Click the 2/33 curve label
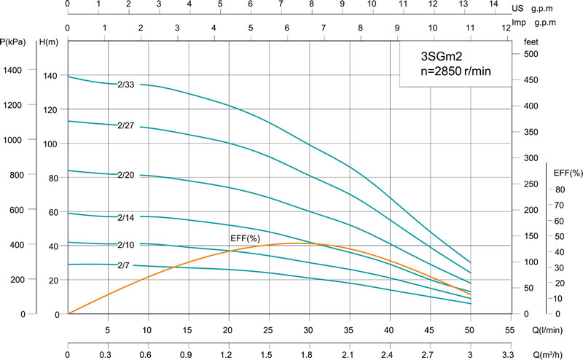coord(126,84)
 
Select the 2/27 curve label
coord(126,125)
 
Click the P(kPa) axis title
coord(15,42)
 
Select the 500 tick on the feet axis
coord(531,55)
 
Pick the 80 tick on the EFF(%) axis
coord(560,189)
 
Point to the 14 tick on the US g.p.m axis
coord(493,4)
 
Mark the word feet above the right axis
coord(531,42)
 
